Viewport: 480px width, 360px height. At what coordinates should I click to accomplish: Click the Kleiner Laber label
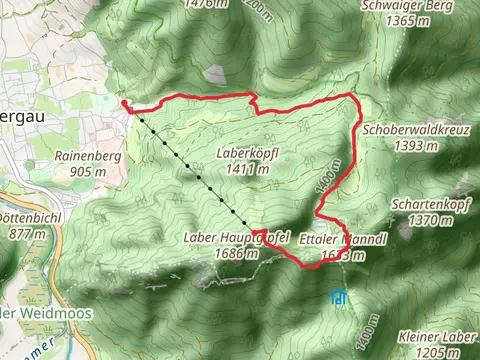[432, 337]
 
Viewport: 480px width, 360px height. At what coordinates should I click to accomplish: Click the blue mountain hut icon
[340, 296]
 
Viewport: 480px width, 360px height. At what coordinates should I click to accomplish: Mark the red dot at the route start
[124, 102]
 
